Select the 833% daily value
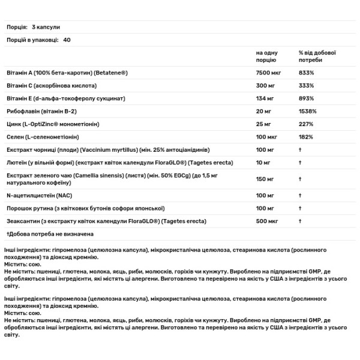click(x=306, y=72)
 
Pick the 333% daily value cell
click(x=306, y=85)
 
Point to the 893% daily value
click(x=306, y=98)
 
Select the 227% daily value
click(x=306, y=124)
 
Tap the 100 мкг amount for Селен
click(x=265, y=137)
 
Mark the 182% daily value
click(x=306, y=137)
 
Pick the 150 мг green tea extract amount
click(x=263, y=179)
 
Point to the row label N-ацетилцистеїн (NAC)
click(x=37, y=194)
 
